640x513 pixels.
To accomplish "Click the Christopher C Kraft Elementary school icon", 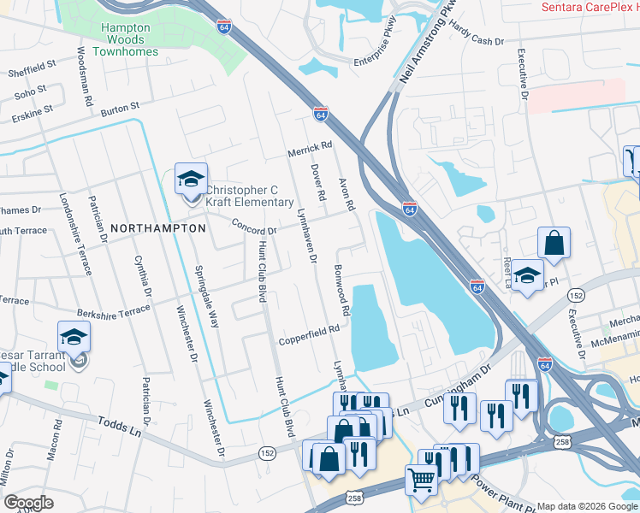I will (191, 179).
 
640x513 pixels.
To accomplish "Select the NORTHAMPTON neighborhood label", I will (158, 228).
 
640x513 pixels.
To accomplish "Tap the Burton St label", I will (119, 109).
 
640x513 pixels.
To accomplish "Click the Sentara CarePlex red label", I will (590, 7).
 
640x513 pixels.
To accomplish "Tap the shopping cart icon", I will (421, 481).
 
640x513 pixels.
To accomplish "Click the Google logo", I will (27, 503).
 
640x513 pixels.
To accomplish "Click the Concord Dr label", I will (254, 226).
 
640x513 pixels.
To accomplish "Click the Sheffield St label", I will (32, 68).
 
